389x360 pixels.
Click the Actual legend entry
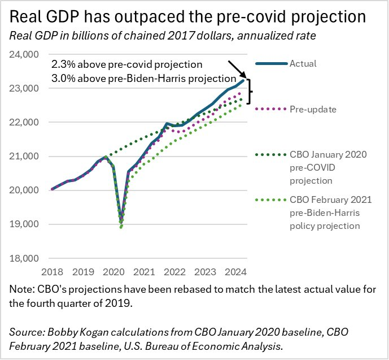click(303, 63)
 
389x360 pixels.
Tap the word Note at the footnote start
click(21, 289)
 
